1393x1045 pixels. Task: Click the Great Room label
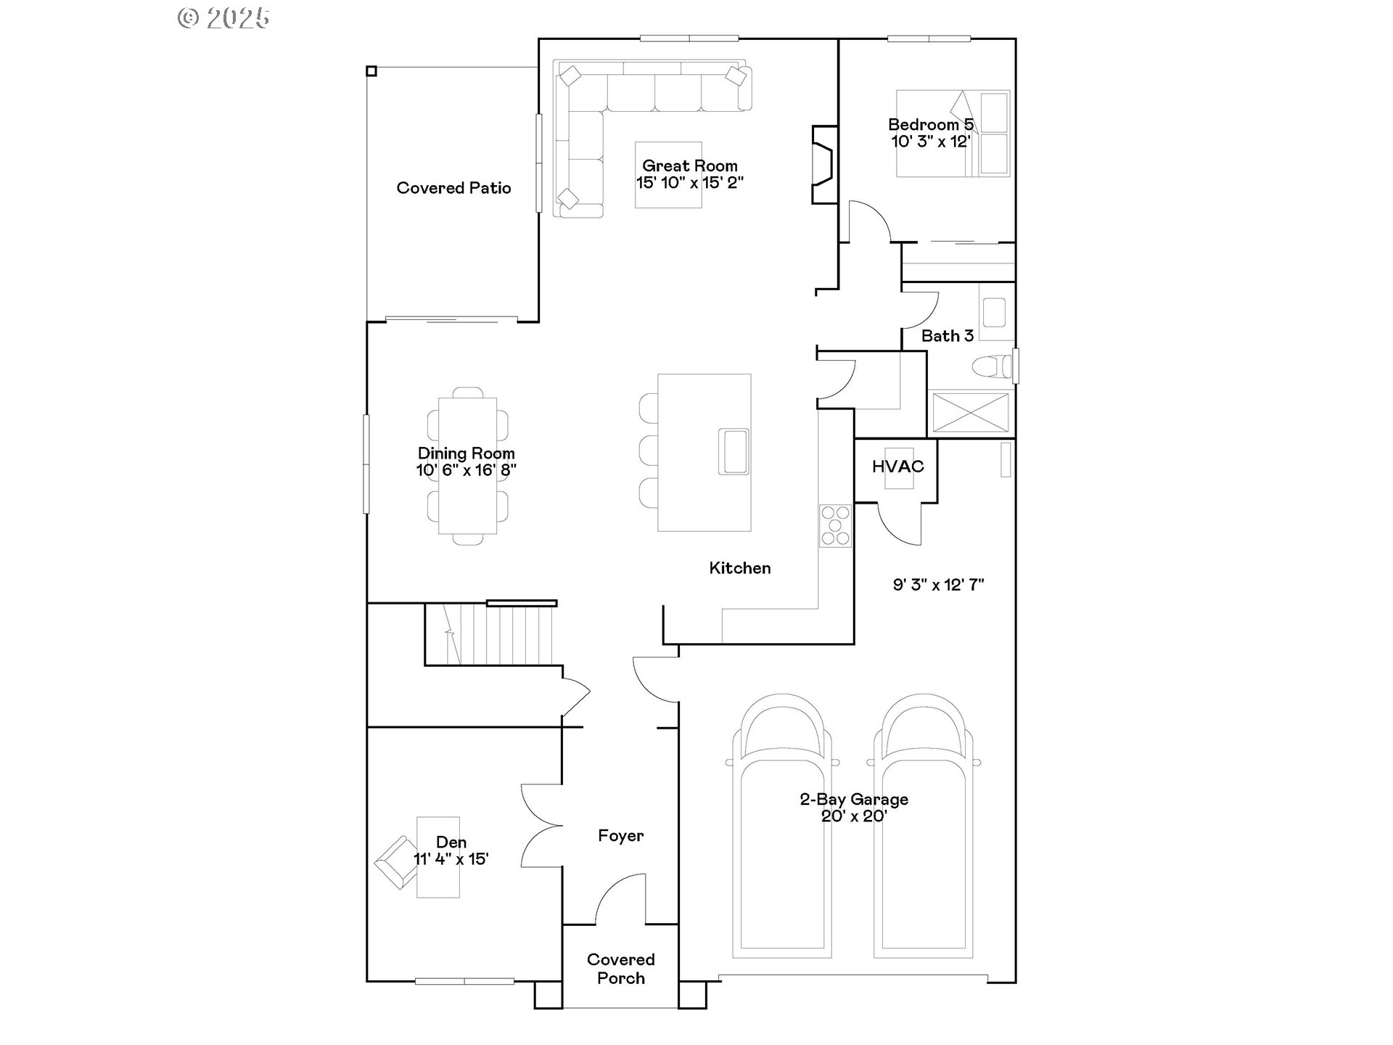click(690, 166)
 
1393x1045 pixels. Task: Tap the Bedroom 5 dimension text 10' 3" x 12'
click(931, 142)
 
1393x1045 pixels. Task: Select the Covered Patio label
click(453, 188)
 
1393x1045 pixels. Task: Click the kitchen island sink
click(734, 451)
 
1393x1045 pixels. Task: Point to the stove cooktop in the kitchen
click(835, 525)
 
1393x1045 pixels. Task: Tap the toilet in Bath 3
click(991, 367)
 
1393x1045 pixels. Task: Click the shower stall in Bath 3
click(971, 412)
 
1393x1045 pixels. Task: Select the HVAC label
click(897, 467)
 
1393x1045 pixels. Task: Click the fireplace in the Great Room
click(825, 165)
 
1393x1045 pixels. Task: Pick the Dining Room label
click(466, 454)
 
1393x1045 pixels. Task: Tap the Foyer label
click(620, 836)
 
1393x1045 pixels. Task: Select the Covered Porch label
click(621, 969)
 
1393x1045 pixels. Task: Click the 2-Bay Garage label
click(854, 800)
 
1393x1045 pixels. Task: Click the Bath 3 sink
click(993, 312)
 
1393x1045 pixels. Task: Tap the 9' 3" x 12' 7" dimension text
click(938, 585)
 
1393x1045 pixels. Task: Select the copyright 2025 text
click(224, 18)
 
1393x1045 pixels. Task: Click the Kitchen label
click(740, 568)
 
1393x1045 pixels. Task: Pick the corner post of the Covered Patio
click(371, 70)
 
